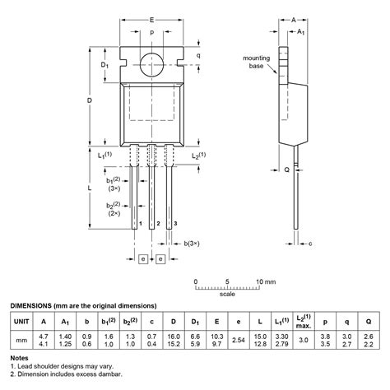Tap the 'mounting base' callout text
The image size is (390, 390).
click(258, 63)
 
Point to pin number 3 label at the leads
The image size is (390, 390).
click(174, 224)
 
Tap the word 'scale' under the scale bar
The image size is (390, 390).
click(227, 294)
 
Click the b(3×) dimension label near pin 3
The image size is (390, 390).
click(190, 244)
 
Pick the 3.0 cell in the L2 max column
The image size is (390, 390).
click(304, 339)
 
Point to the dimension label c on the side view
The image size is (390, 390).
click(310, 244)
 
